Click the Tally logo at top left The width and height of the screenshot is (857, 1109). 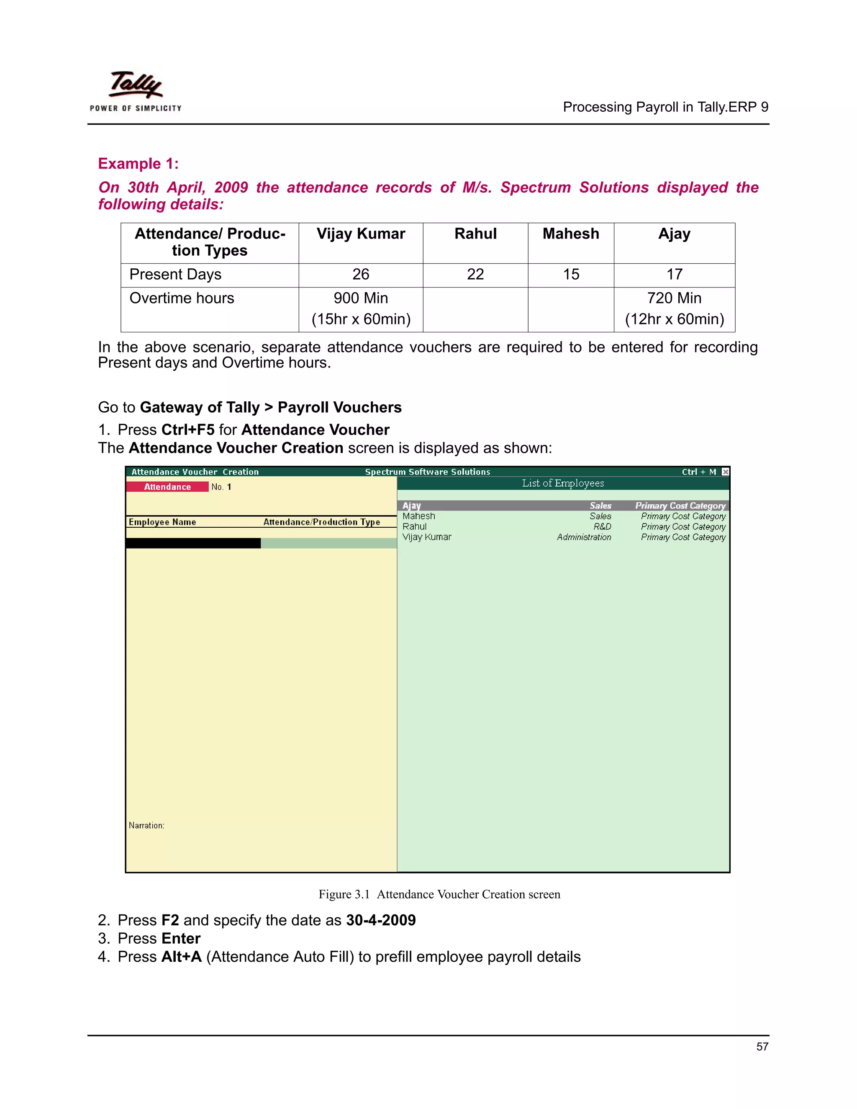coord(136,90)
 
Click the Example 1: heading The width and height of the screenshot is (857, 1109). coord(138,164)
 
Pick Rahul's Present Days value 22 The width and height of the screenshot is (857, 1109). coord(475,275)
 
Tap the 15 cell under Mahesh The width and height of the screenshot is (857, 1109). coord(571,275)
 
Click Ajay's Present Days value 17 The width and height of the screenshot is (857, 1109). coord(674,275)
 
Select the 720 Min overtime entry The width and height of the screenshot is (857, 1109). coord(674,298)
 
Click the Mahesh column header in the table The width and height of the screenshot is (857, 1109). coord(571,234)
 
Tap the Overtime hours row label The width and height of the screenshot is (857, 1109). coord(182,298)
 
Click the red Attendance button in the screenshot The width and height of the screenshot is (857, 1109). coord(167,486)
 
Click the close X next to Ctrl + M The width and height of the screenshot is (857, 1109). coord(726,472)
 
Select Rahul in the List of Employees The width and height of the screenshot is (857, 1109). coord(414,526)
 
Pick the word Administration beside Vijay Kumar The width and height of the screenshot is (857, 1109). coord(584,537)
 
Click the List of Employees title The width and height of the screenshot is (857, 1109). coord(562,483)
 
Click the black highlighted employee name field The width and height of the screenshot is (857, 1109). coord(193,543)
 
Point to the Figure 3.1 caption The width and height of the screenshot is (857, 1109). coord(439,894)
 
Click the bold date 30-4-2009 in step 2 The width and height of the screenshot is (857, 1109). coord(381,920)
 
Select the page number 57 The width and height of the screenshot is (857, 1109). coord(762,1047)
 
